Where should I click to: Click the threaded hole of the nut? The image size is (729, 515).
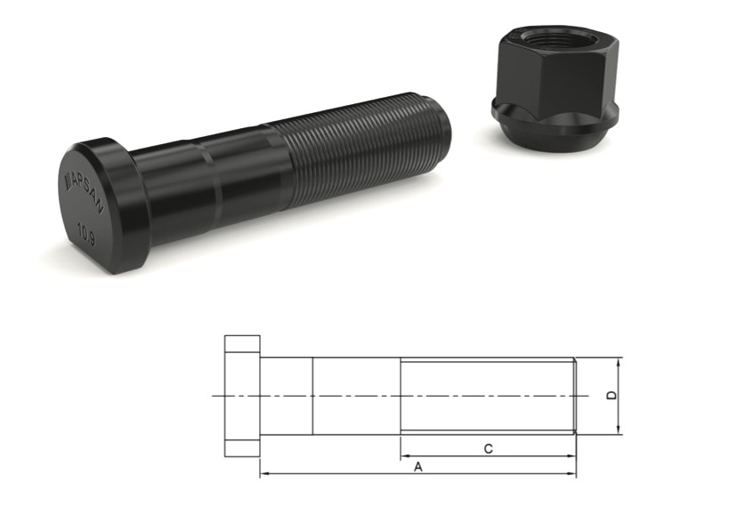click(x=548, y=42)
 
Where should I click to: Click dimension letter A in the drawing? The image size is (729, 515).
click(x=417, y=465)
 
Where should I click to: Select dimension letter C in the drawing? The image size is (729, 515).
click(x=488, y=449)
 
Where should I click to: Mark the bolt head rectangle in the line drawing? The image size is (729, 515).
click(x=241, y=396)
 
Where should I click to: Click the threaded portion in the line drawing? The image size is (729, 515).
click(x=488, y=396)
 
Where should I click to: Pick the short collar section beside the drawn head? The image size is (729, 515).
click(x=285, y=396)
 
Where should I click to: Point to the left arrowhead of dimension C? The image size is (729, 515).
click(x=405, y=456)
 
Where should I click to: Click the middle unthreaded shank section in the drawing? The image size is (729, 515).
click(x=356, y=396)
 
